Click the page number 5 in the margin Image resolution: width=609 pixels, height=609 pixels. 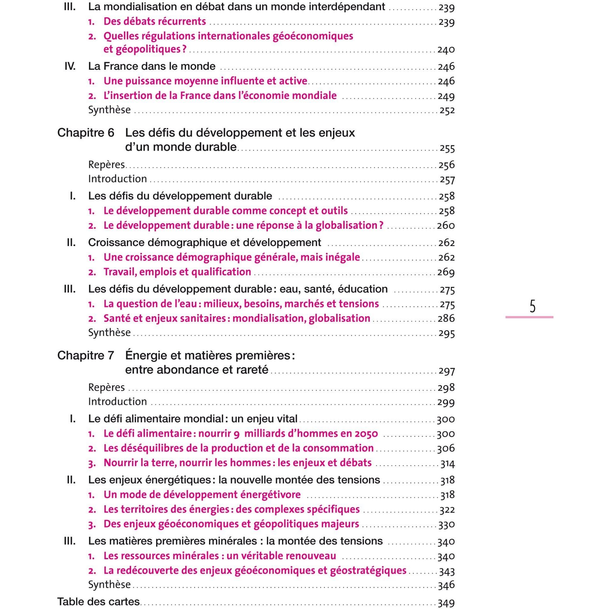point(532,306)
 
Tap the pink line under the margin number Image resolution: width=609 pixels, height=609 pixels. point(529,317)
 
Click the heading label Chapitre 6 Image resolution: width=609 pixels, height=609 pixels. point(86,133)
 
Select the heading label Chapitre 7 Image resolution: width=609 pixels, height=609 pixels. point(86,355)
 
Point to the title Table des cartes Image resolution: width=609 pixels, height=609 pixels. point(98,601)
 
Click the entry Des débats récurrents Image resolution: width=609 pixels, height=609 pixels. point(154,22)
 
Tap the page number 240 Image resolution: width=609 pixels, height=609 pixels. point(446,50)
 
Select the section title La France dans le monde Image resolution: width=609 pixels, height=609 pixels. point(152,66)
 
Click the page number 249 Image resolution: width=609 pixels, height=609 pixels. point(446,96)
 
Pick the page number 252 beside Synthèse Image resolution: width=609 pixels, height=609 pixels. point(447,110)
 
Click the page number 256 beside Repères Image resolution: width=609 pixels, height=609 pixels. point(447,165)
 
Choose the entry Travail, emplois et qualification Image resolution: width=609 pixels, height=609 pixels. point(177,272)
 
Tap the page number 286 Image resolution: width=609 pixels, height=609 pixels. point(446,319)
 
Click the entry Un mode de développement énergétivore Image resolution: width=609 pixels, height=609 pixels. point(202,495)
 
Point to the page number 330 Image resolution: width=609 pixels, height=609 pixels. point(446,524)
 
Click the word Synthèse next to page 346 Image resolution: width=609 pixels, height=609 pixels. point(109,584)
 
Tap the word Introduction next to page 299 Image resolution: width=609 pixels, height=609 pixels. point(117,402)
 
